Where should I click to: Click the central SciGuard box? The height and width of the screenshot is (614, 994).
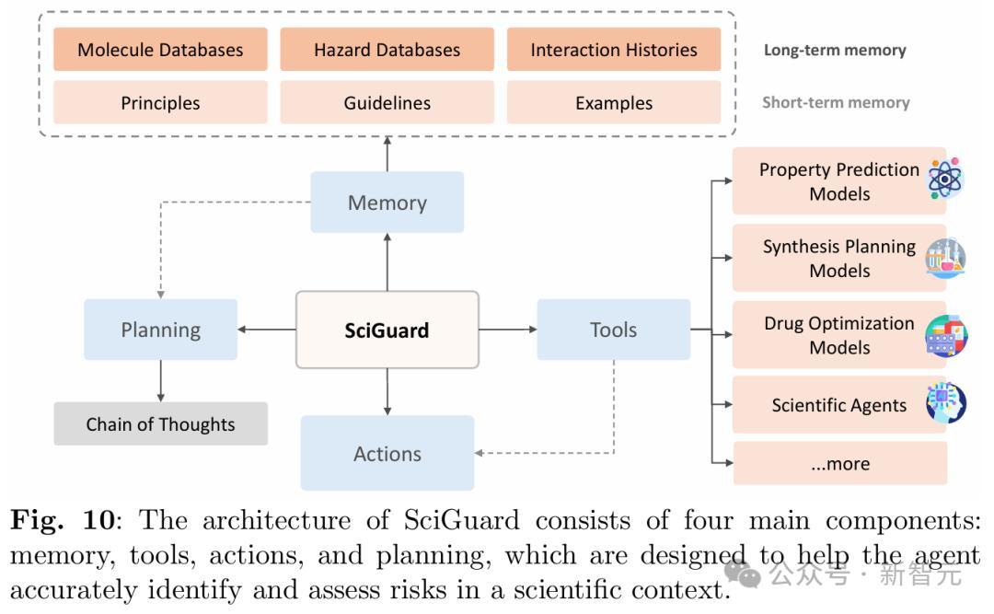click(387, 330)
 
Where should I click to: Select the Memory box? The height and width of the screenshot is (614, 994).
click(387, 203)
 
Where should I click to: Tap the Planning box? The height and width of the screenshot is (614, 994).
click(160, 329)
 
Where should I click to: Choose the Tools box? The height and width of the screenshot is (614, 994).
click(613, 329)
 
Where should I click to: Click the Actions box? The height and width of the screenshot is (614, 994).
click(387, 453)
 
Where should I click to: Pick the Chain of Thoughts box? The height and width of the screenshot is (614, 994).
click(160, 423)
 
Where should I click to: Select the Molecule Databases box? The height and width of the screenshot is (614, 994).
click(160, 50)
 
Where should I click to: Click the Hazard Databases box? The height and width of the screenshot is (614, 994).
click(387, 50)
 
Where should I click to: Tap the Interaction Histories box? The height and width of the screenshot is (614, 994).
click(613, 50)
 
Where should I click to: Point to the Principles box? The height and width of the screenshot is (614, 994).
click(160, 102)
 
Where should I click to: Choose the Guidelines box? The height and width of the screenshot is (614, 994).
click(387, 102)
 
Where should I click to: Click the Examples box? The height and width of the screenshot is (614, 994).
click(613, 102)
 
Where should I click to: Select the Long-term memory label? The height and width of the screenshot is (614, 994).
click(835, 51)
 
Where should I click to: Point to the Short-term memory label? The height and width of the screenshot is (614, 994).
click(836, 102)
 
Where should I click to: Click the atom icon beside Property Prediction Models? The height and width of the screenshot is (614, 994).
click(945, 180)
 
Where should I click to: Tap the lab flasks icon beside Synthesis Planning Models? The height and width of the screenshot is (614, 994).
click(945, 258)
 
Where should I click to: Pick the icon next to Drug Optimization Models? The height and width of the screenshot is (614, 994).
click(946, 336)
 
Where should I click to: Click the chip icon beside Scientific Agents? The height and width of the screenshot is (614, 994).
click(946, 403)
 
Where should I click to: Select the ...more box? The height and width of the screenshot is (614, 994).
click(839, 463)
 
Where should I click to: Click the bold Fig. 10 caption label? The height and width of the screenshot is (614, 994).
click(63, 521)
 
